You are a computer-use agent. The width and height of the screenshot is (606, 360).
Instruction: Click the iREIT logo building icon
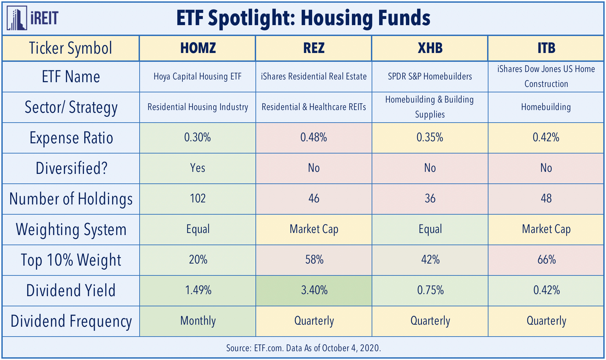tap(17, 18)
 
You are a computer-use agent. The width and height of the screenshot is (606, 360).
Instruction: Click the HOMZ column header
tap(198, 48)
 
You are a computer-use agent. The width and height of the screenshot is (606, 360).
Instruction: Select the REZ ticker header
tap(314, 48)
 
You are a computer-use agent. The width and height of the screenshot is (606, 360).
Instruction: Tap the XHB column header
tap(430, 48)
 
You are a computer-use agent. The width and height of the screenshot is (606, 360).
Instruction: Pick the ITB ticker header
tap(546, 48)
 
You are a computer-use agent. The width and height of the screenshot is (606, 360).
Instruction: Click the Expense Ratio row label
tap(71, 138)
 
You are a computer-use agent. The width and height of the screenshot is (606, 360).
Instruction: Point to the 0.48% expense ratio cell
tap(314, 138)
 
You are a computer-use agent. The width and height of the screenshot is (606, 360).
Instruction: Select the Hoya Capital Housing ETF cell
tap(198, 76)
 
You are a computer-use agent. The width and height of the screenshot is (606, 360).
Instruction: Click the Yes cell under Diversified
tap(198, 168)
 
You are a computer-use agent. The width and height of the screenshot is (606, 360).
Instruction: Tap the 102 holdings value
tap(198, 199)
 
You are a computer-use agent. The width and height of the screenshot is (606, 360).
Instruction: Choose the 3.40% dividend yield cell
tap(314, 290)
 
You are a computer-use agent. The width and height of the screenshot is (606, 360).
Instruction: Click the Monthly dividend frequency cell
tap(198, 321)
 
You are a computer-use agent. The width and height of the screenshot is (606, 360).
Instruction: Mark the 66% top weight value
tap(547, 260)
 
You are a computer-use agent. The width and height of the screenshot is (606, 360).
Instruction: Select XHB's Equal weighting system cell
tap(430, 229)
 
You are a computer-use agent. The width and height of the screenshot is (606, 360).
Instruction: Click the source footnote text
tap(303, 348)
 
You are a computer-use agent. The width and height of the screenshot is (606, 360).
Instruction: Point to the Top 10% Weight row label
tap(71, 260)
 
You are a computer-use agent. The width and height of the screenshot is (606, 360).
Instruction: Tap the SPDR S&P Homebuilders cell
tap(430, 76)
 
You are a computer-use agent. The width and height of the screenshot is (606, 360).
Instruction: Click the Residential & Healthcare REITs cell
tap(314, 107)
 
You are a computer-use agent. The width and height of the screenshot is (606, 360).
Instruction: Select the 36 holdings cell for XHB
tap(430, 199)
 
